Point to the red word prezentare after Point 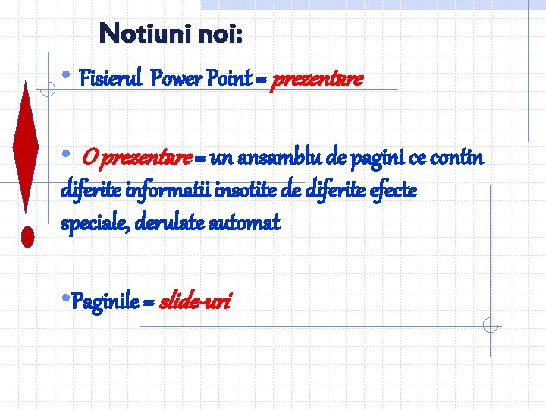317,79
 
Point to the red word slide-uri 195,303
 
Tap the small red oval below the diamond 28,236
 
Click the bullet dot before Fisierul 67,77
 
